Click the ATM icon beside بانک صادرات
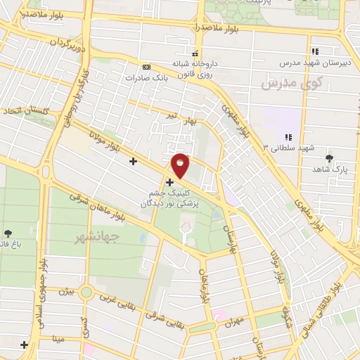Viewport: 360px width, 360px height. pyautogui.click(x=146, y=66)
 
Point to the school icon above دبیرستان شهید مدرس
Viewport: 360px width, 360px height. pyautogui.click(x=316, y=51)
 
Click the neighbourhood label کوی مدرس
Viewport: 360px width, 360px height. pyautogui.click(x=285, y=83)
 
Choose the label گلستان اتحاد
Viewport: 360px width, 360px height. pyautogui.click(x=23, y=112)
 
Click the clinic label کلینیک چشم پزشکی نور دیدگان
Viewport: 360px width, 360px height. pyautogui.click(x=169, y=198)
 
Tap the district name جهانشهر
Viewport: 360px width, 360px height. pyautogui.click(x=96, y=238)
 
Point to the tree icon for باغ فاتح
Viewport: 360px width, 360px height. pyautogui.click(x=8, y=233)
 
